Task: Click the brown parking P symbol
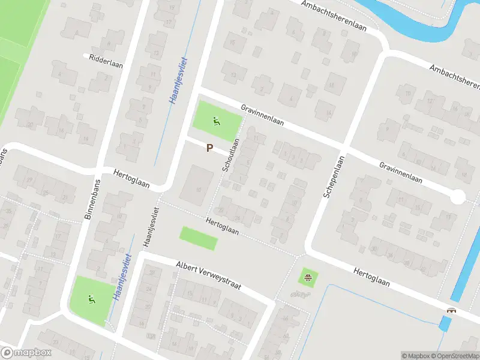point(209,148)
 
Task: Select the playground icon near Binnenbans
point(91,298)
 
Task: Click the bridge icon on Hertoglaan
point(451,310)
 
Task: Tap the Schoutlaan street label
point(231,155)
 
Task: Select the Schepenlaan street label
point(333,179)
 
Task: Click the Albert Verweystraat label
point(208,275)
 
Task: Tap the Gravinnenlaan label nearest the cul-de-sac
point(400,172)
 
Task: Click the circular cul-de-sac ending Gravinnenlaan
point(458,197)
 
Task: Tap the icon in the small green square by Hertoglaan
point(308,277)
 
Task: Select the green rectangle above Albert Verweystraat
point(199,238)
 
